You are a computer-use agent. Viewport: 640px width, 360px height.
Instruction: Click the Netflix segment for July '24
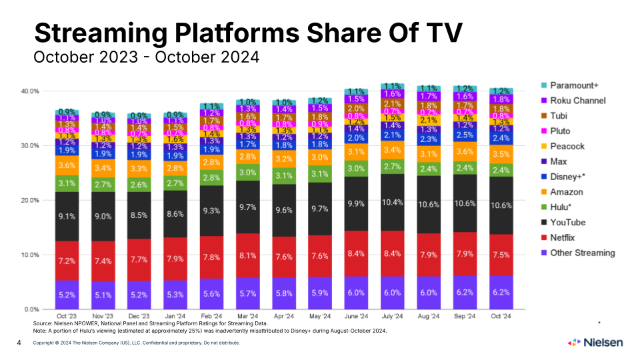[x=391, y=253]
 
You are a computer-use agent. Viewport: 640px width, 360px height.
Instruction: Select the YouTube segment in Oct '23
[x=67, y=216]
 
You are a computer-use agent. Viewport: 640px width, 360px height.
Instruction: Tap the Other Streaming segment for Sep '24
[x=465, y=292]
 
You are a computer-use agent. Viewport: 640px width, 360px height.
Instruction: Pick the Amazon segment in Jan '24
[x=175, y=169]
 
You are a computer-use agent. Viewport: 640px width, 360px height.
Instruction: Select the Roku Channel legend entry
[x=577, y=101]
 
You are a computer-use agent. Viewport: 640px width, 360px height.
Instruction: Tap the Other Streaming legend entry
[x=581, y=253]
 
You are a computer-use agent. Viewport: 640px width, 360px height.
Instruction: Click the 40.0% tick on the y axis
[x=31, y=91]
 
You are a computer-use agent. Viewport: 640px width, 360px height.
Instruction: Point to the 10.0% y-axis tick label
[x=31, y=255]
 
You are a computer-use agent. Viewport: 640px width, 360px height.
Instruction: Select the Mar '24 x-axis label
[x=247, y=315]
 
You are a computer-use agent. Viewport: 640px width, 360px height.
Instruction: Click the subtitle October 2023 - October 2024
[x=146, y=57]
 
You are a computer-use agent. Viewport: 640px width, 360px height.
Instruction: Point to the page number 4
[x=19, y=343]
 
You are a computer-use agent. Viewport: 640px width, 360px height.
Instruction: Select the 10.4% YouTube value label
[x=391, y=202]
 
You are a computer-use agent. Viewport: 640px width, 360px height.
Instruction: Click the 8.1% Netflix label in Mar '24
[x=247, y=255]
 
